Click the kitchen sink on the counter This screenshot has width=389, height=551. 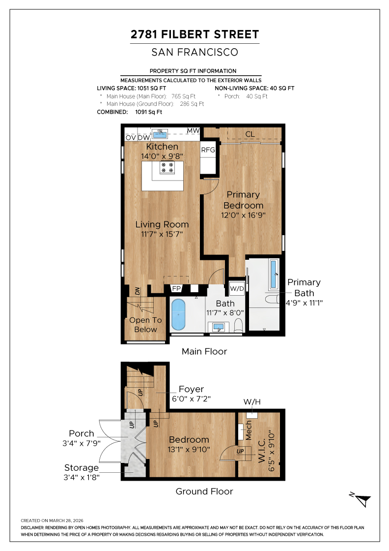tap(160, 133)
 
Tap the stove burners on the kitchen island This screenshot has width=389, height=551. tap(167, 167)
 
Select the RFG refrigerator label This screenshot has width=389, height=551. tap(208, 150)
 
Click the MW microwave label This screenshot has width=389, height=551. tap(194, 131)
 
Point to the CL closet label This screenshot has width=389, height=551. tap(250, 134)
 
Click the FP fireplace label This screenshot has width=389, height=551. tap(176, 288)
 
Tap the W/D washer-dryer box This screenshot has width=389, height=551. tap(237, 288)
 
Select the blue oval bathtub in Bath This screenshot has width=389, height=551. tap(178, 314)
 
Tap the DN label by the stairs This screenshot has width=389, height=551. tap(138, 291)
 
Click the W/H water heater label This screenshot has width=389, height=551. tap(252, 401)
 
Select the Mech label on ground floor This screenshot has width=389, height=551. tap(249, 430)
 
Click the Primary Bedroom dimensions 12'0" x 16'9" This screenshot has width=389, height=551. tap(243, 215)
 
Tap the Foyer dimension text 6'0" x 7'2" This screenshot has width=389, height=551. tap(191, 399)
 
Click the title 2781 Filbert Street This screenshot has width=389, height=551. tap(194, 34)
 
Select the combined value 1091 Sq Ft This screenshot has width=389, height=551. tap(149, 112)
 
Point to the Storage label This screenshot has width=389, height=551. tap(82, 468)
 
